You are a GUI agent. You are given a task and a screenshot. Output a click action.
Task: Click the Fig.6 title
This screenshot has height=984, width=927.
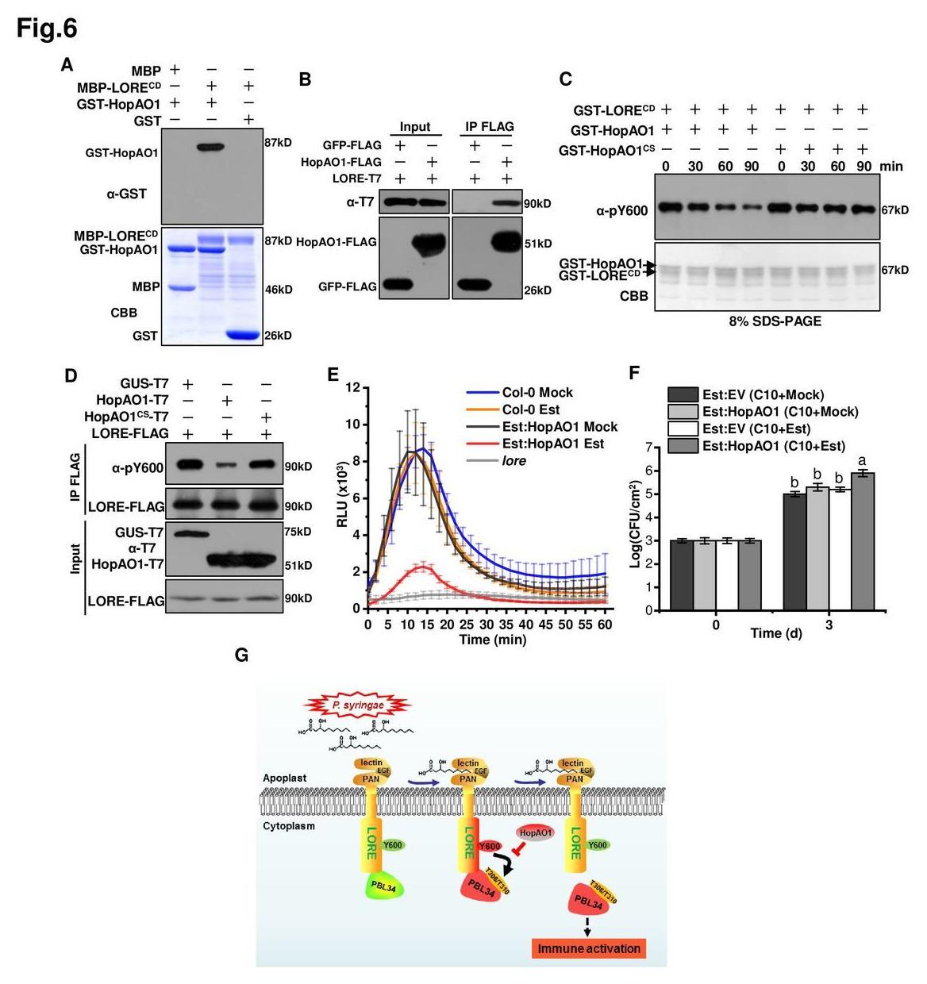pos(47,29)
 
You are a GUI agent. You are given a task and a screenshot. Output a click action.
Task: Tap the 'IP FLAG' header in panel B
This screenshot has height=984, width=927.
pos(489,126)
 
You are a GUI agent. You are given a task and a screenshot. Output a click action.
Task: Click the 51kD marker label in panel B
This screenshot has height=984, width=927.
pos(537,244)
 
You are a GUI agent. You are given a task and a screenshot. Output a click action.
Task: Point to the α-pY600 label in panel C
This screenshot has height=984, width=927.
pos(622,210)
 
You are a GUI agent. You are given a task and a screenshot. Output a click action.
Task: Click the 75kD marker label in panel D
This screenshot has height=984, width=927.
pos(298,532)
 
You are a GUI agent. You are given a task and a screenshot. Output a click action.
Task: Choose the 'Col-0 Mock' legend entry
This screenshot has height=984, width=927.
pos(537,393)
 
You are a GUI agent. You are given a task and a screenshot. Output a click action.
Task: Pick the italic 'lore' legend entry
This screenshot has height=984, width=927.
pos(514,461)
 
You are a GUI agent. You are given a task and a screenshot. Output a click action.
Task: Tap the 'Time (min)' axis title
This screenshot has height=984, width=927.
pos(492,640)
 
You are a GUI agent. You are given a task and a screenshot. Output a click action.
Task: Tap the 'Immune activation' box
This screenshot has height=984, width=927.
pos(588,948)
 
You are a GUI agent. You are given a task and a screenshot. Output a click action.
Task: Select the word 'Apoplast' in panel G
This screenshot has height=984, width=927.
pos(284,778)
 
